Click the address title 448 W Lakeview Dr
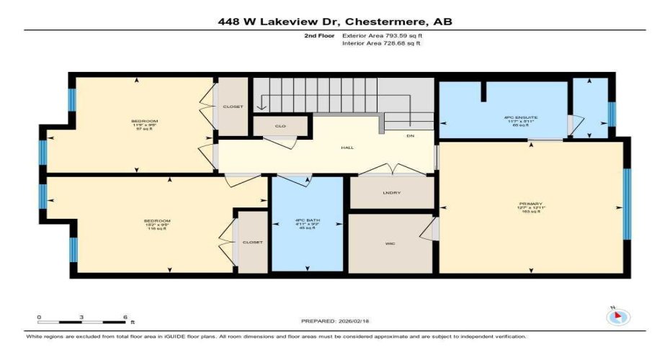coord(335,22)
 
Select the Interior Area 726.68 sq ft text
coord(381,43)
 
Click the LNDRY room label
coord(391,193)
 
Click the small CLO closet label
coord(281,126)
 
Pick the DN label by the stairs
coord(410,135)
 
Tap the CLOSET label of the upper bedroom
coord(233,107)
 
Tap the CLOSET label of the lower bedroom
coord(252,242)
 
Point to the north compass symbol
coord(619,315)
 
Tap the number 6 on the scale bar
coord(125,317)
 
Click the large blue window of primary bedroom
coord(627,203)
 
